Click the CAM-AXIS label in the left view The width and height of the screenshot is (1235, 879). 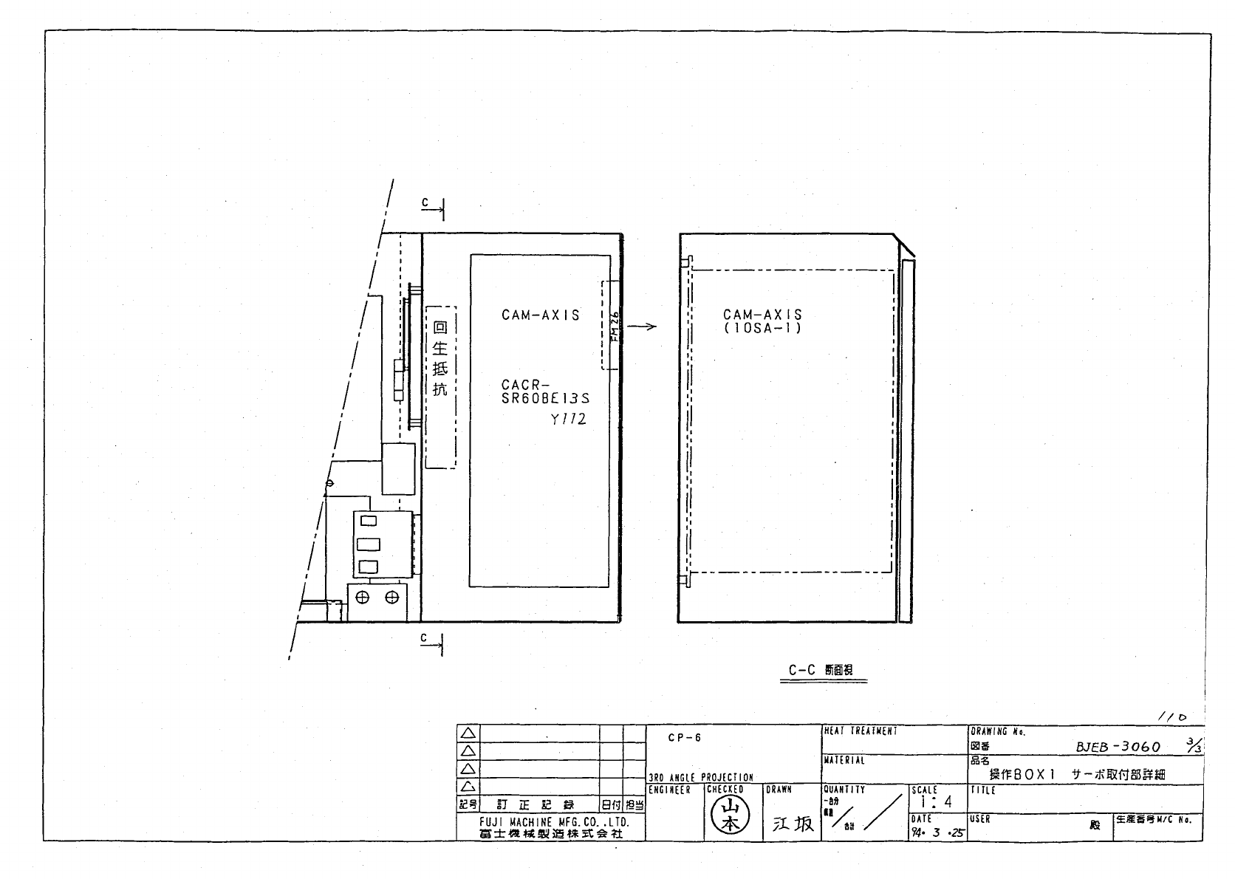coord(540,315)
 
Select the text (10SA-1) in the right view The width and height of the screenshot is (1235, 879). coord(762,328)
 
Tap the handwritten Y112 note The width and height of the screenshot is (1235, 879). coord(568,420)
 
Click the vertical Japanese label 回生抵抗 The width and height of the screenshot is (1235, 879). coord(440,359)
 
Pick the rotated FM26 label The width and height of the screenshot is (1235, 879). coord(615,325)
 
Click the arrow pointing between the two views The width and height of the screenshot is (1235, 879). coord(645,327)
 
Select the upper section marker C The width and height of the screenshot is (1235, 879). coord(425,202)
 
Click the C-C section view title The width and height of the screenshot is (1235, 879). coord(821,671)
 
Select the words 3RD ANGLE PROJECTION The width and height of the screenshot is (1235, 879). coord(700,778)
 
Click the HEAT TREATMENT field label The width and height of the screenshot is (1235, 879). coord(861,731)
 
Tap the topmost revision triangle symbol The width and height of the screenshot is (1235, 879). coord(468,733)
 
